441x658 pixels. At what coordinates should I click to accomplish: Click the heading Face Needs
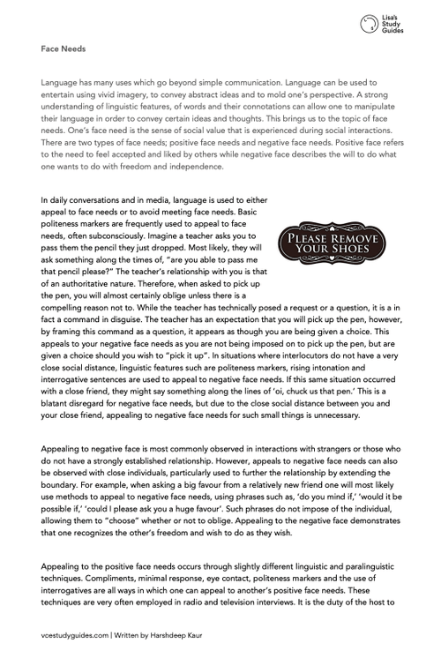pyautogui.click(x=62, y=49)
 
